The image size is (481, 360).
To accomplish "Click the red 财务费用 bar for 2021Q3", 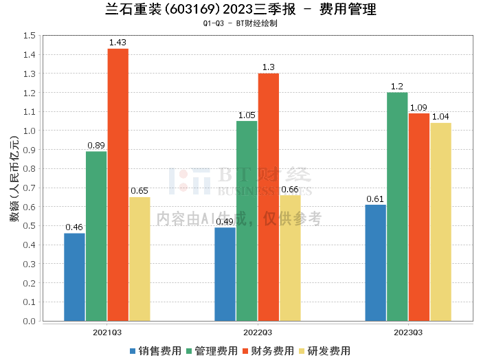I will coord(118,185).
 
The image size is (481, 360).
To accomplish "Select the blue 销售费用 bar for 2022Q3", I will coord(225,274).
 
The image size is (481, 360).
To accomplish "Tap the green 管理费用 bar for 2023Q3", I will coord(397,207).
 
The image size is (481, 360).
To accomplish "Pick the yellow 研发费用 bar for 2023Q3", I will coord(440,222).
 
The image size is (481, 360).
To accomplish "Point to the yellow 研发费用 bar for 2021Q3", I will coord(139,259).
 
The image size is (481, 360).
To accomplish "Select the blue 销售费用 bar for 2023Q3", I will coord(375,262).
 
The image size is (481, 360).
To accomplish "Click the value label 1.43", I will coord(118,43).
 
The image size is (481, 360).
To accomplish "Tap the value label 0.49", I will coord(225,222).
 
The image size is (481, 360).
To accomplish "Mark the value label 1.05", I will coord(247,115).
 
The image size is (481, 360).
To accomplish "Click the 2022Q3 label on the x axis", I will coord(258,332).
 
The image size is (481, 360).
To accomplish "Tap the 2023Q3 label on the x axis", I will coord(408,332).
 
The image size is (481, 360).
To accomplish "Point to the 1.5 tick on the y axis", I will coord(30,35).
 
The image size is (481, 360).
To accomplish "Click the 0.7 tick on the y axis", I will coord(30,188).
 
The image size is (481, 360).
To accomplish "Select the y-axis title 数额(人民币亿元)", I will coord(13,179).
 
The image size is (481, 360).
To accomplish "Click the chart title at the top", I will coord(240,10).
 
